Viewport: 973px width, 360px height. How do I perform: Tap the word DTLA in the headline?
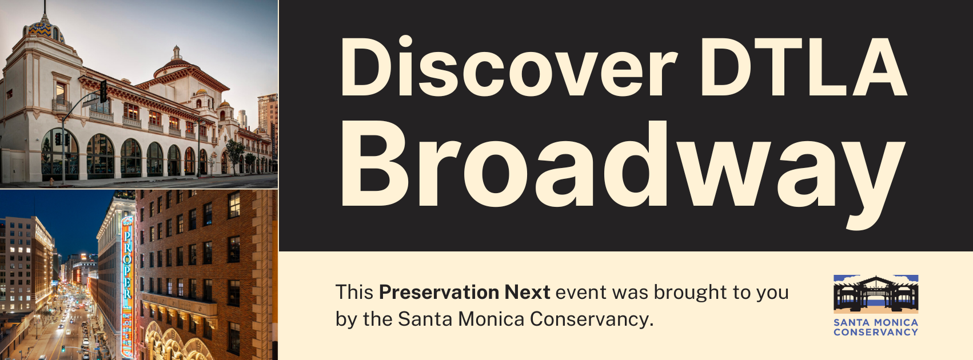(x=804, y=67)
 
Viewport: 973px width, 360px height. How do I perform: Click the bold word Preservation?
(x=438, y=292)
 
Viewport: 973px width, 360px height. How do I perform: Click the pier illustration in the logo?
(x=876, y=293)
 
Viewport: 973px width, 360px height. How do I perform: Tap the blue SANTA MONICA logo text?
(x=876, y=323)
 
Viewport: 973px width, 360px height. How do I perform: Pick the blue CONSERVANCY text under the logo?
(x=876, y=332)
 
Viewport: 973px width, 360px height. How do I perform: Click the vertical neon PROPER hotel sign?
(x=127, y=287)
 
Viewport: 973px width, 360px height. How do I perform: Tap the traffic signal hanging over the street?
(x=103, y=91)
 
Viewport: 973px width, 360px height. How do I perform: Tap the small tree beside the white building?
(x=235, y=154)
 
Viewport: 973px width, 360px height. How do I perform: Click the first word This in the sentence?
(x=354, y=292)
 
